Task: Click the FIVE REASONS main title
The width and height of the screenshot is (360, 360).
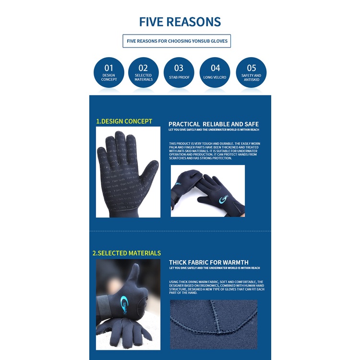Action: pyautogui.click(x=180, y=22)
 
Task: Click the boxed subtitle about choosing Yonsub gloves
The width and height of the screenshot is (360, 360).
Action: pyautogui.click(x=177, y=41)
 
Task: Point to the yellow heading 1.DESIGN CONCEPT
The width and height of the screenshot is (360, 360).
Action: pyautogui.click(x=124, y=121)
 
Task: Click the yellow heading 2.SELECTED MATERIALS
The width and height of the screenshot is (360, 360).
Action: pyautogui.click(x=127, y=253)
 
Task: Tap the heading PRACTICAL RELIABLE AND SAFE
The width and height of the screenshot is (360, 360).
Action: pyautogui.click(x=214, y=124)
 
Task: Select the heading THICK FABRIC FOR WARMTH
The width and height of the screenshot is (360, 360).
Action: pyautogui.click(x=209, y=263)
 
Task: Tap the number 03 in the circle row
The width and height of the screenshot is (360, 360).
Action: pyautogui.click(x=179, y=68)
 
